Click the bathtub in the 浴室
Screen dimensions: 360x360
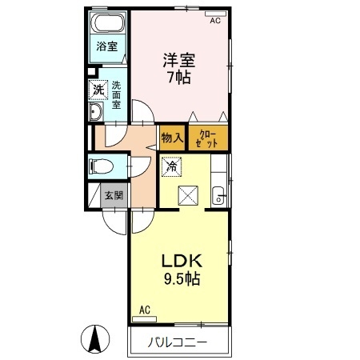pos(108,23)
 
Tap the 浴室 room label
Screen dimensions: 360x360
pos(107,46)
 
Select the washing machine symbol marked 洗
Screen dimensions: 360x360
pos(98,90)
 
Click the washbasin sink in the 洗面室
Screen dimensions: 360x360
pos(96,111)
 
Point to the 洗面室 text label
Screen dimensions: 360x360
pos(116,95)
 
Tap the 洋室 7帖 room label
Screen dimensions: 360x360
pos(179,69)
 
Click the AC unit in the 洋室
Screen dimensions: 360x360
pos(215,14)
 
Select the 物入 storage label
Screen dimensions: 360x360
pos(172,138)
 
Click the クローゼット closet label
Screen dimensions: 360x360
pos(206,139)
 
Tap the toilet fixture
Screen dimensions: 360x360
pos(101,166)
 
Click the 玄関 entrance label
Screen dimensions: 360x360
pos(114,195)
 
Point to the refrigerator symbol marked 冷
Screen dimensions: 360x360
pos(172,166)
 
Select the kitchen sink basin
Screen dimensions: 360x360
pos(218,195)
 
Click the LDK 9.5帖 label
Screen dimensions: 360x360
pos(182,270)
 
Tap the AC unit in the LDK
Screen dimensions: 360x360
pos(144,319)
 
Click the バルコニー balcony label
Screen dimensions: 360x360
pos(178,342)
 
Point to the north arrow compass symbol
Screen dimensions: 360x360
pos(95,339)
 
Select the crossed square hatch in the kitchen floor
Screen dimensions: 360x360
pos(188,195)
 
